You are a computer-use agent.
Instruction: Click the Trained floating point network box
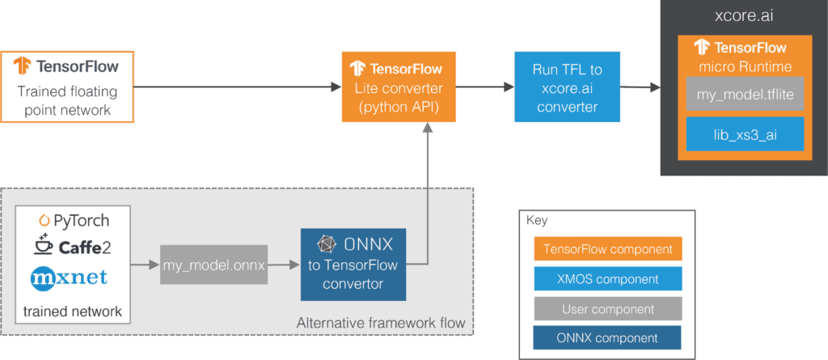[x=67, y=87]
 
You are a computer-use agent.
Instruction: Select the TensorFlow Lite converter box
[x=399, y=87]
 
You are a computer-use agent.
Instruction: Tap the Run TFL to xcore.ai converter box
[x=567, y=87]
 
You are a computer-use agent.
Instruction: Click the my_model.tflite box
[x=745, y=94]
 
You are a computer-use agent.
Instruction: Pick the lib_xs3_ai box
[x=745, y=134]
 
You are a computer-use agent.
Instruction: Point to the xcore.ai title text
[x=744, y=16]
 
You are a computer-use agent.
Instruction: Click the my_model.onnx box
[x=213, y=265]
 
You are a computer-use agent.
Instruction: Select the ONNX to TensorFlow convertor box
[x=353, y=265]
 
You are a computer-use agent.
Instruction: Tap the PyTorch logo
[x=74, y=221]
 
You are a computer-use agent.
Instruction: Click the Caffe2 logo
[x=74, y=245]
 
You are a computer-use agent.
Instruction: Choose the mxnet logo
[x=69, y=277]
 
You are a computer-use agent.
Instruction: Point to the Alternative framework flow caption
[x=381, y=323]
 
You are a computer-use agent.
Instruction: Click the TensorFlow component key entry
[x=608, y=248]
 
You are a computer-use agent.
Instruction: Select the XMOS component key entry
[x=608, y=278]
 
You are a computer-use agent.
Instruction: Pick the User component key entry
[x=608, y=309]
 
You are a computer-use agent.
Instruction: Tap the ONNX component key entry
[x=608, y=338]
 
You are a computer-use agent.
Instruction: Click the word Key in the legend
[x=537, y=221]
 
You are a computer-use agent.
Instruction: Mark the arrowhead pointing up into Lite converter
[x=427, y=129]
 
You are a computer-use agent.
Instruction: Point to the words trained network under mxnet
[x=72, y=311]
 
